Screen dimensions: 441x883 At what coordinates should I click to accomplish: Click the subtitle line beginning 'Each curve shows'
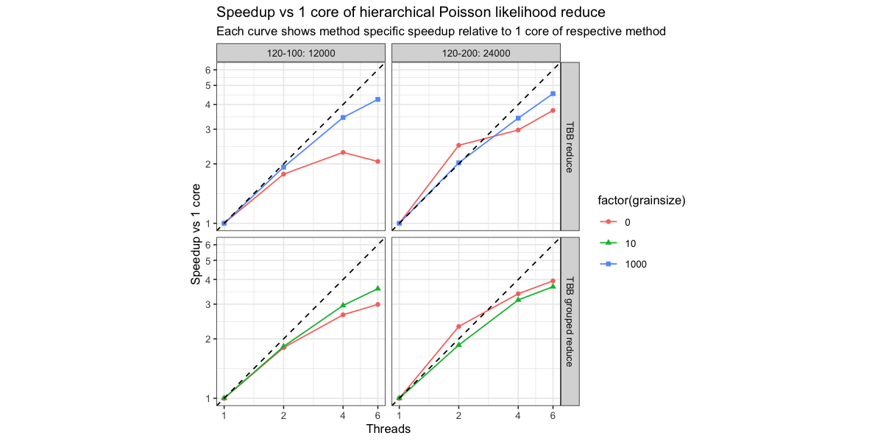coord(441,32)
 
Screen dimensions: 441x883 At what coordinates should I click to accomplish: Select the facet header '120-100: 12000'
coord(301,53)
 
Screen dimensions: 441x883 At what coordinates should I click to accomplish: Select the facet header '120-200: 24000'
coord(476,53)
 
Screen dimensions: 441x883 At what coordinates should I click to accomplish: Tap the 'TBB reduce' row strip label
coord(570,146)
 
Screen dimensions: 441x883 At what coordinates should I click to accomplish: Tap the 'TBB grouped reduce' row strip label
coord(570,321)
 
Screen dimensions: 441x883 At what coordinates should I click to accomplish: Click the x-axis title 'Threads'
coord(388,429)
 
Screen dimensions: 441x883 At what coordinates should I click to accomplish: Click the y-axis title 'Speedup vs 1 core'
coord(196,233)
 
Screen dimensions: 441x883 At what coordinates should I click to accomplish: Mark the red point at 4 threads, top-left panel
coord(343,152)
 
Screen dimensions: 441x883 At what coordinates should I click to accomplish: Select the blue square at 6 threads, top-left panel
coord(377,99)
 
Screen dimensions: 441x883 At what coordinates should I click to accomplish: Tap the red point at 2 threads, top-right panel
coord(458,146)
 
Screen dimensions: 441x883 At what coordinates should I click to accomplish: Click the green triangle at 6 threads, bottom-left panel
coord(377,288)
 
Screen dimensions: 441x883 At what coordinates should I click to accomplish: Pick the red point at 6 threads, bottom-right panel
coord(553,281)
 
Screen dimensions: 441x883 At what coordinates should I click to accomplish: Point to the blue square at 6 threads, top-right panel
coord(553,93)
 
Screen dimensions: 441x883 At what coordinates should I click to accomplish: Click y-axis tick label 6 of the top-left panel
coord(208,70)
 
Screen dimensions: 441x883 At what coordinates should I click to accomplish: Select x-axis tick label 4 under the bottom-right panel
coord(518,415)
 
